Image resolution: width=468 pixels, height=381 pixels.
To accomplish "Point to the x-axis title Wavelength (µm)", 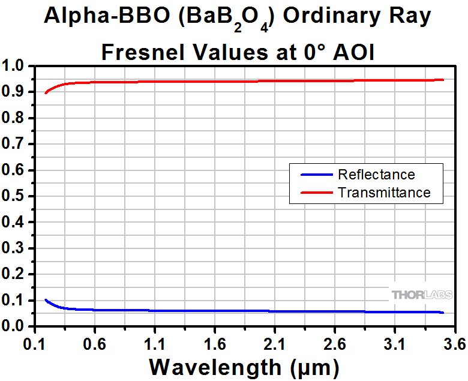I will pyautogui.click(x=244, y=365).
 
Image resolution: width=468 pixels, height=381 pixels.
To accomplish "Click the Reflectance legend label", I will pyautogui.click(x=376, y=175).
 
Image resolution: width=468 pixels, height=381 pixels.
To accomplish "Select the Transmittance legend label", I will pyautogui.click(x=384, y=193).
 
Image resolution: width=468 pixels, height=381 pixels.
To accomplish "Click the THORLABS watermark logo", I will pyautogui.click(x=421, y=295).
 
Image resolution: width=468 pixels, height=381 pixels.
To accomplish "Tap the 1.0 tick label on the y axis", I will pyautogui.click(x=16, y=66).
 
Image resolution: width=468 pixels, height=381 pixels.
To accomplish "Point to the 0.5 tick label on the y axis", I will pyautogui.click(x=16, y=196).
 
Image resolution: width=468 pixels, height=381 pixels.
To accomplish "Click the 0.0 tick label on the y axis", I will pyautogui.click(x=16, y=326).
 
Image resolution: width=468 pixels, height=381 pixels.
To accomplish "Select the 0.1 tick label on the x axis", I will pyautogui.click(x=35, y=345).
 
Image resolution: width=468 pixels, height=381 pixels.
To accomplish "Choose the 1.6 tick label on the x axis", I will pyautogui.click(x=215, y=345).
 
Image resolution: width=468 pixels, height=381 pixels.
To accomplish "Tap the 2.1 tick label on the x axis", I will pyautogui.click(x=275, y=345).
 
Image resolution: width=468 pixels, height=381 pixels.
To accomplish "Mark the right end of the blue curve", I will pyautogui.click(x=443, y=312).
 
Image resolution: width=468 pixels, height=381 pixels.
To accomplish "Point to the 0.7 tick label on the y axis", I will pyautogui.click(x=16, y=144).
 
